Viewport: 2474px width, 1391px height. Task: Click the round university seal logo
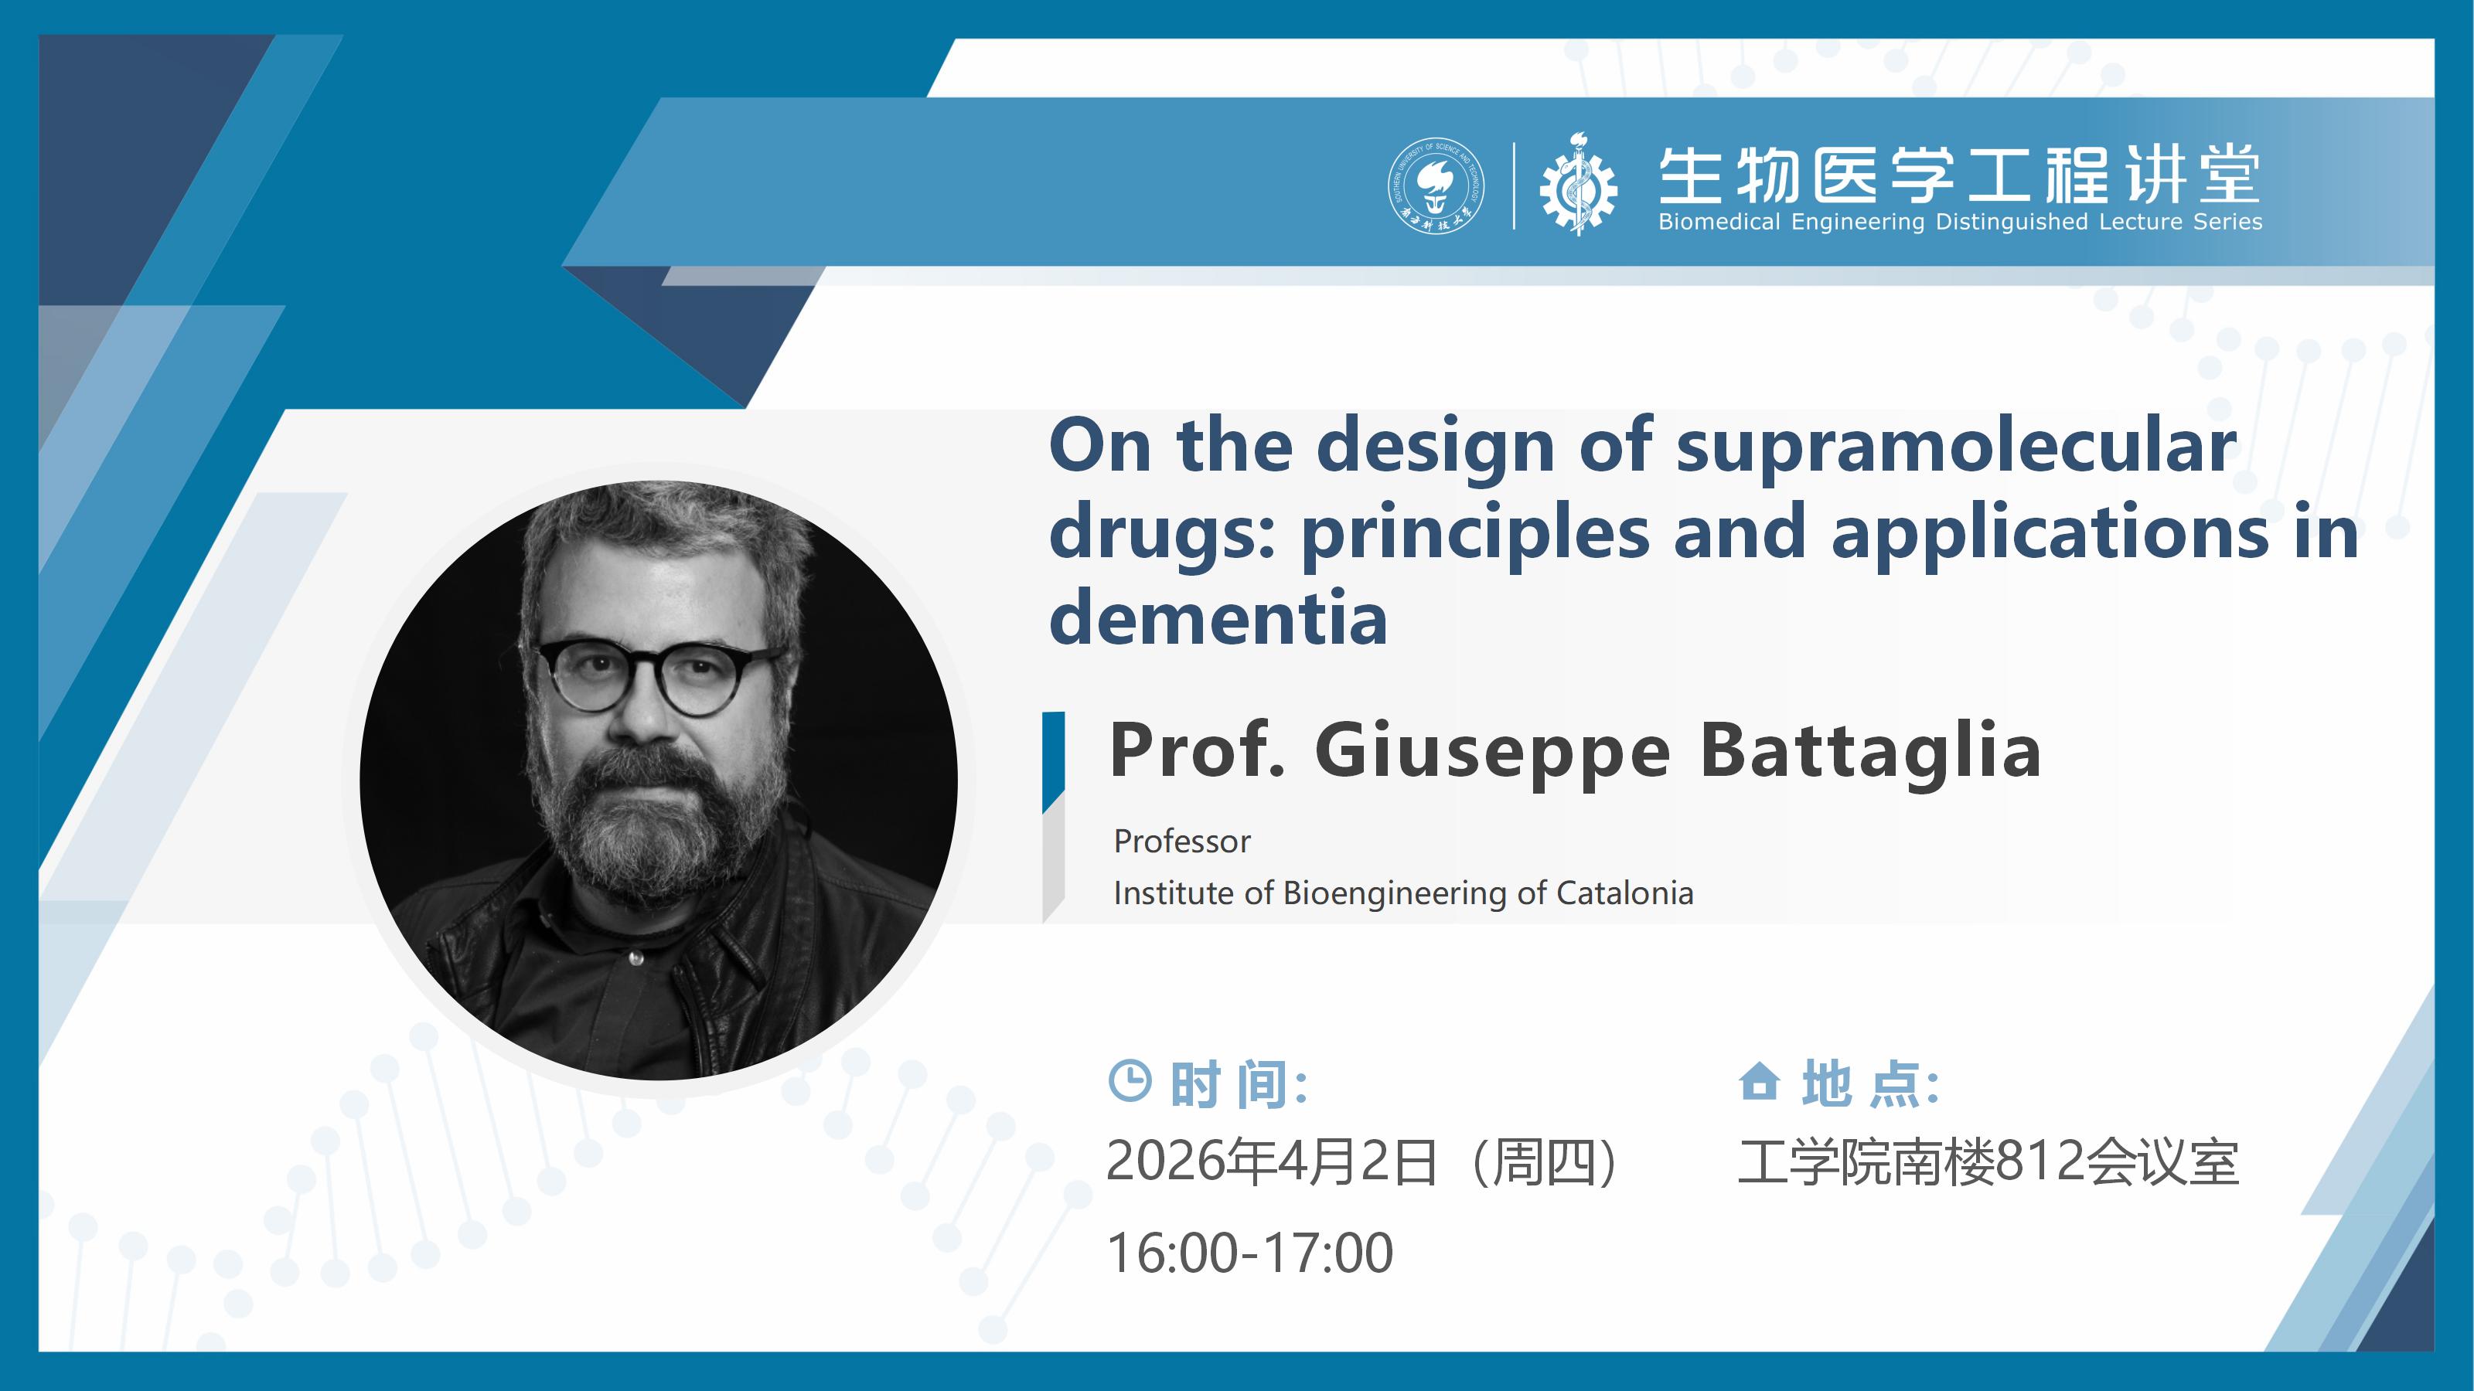point(1436,186)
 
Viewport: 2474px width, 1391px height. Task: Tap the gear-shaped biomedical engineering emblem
point(1577,185)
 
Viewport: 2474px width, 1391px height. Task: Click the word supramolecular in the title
point(1956,447)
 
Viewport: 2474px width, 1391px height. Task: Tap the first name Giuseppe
point(1491,753)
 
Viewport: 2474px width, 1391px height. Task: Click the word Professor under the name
point(1182,841)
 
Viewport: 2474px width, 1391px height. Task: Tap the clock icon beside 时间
point(1130,1081)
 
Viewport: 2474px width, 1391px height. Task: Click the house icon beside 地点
point(1760,1081)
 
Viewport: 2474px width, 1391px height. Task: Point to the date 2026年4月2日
point(1272,1161)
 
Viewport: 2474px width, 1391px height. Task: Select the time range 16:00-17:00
point(1249,1253)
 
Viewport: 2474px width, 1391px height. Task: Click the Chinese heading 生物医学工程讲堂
point(1959,175)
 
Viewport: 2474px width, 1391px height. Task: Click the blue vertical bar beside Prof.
point(1054,762)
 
